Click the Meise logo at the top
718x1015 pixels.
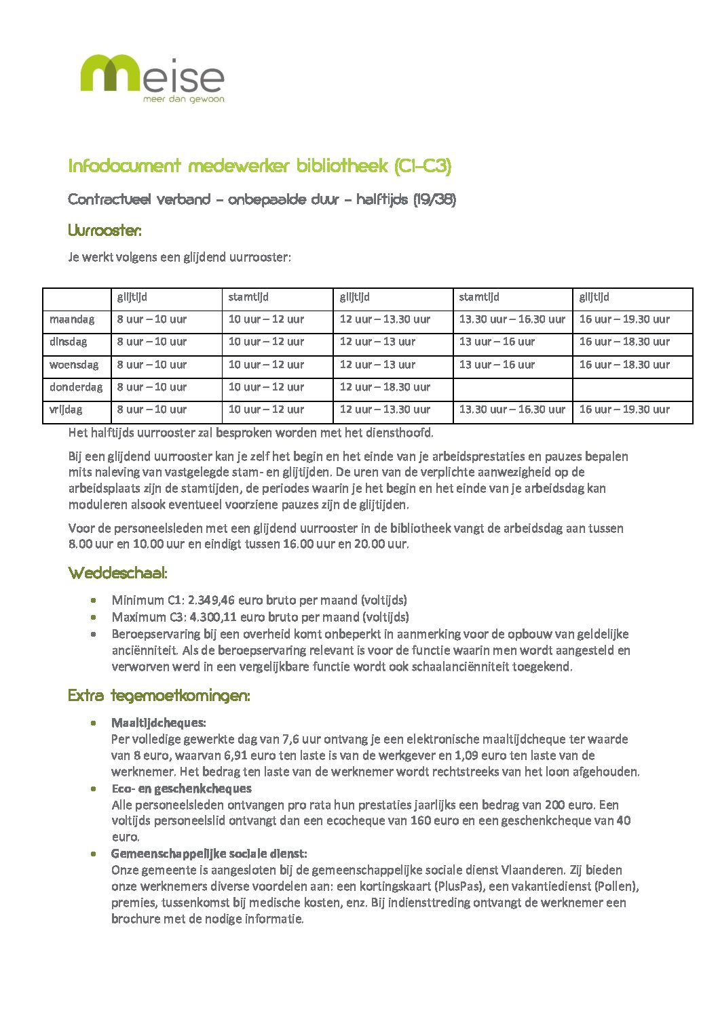tap(152, 76)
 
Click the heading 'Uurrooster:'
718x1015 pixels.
tap(105, 231)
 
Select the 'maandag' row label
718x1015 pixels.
tap(72, 319)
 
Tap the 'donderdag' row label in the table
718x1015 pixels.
tap(76, 387)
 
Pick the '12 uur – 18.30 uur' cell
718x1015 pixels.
tap(385, 387)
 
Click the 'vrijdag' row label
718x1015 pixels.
tap(66, 410)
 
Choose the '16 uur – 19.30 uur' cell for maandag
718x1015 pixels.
tap(624, 319)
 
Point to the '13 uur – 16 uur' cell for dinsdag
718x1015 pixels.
tap(497, 342)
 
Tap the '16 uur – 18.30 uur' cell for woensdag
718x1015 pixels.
tap(624, 365)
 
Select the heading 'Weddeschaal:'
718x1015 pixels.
tap(117, 574)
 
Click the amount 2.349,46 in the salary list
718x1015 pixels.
tap(212, 600)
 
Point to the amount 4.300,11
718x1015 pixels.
tap(213, 617)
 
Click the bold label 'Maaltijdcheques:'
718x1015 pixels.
tap(159, 723)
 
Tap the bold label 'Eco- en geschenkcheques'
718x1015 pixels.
tap(181, 789)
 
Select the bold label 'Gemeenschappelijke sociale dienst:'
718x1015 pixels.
tap(209, 854)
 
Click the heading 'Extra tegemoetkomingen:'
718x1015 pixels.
tap(159, 696)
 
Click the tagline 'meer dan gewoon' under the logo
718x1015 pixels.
tap(183, 99)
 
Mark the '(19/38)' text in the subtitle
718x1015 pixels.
tap(434, 200)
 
